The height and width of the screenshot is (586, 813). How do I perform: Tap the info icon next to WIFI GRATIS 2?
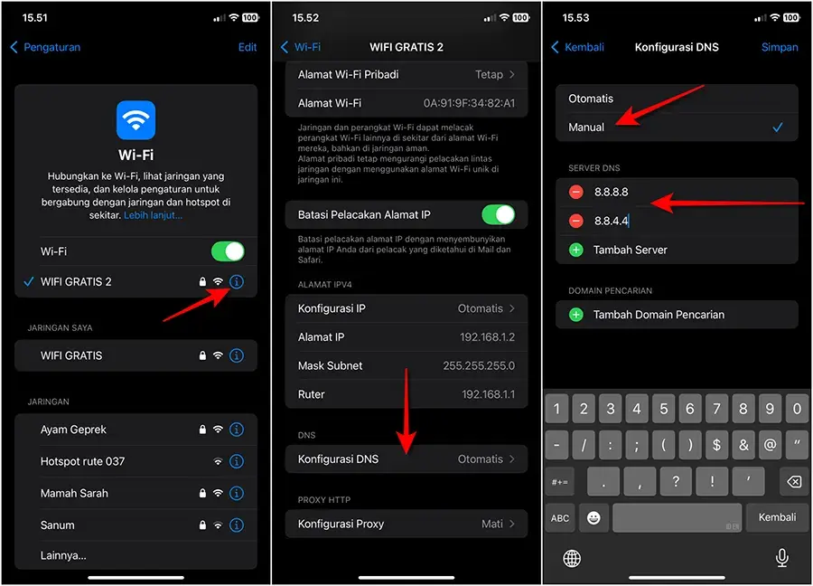point(237,282)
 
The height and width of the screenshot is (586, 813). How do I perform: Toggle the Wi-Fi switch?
point(228,250)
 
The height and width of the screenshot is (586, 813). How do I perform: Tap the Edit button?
point(248,47)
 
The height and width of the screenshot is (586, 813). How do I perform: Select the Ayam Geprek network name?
point(73,430)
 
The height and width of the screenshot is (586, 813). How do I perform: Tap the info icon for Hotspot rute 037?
point(237,461)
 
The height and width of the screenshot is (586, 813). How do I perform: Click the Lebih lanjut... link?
point(153,215)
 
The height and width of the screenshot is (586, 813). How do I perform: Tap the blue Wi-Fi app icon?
point(136,120)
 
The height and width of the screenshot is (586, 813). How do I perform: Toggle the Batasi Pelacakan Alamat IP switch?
point(498,214)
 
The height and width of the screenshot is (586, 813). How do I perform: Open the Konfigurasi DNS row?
point(406,459)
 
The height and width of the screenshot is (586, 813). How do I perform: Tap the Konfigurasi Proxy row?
point(406,524)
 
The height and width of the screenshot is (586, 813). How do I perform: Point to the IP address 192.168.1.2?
point(488,337)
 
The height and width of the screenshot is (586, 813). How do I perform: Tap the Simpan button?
point(780,47)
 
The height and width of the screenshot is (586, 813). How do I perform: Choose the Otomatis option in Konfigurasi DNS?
point(591,99)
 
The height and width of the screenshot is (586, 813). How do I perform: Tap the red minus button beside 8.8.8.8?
point(576,193)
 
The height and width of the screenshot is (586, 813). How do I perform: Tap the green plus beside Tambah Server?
point(576,250)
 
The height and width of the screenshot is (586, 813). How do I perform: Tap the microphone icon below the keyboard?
point(782,558)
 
